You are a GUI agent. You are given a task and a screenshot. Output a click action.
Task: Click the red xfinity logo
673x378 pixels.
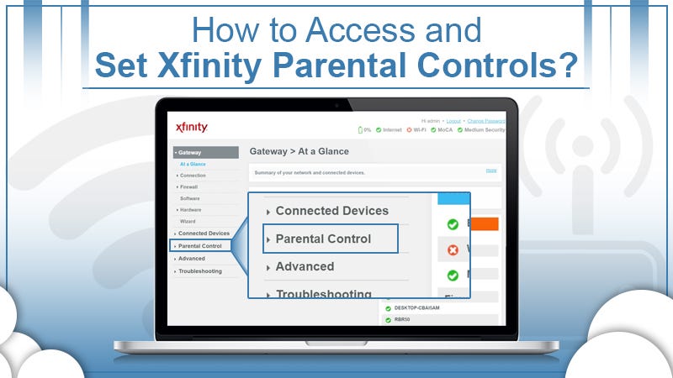click(x=192, y=127)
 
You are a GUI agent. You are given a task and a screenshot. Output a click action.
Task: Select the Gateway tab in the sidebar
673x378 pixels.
click(x=191, y=153)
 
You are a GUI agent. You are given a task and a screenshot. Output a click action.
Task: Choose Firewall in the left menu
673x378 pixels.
click(x=188, y=186)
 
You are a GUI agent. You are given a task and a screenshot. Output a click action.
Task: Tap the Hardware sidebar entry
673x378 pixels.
click(x=190, y=209)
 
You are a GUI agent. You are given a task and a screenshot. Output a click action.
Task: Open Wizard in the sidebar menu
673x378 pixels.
click(x=188, y=221)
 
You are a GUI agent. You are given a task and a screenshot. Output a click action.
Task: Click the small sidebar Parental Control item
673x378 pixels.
click(x=200, y=245)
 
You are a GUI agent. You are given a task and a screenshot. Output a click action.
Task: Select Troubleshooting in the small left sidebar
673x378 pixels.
click(x=200, y=271)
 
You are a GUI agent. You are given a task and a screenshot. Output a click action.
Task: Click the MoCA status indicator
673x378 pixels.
click(x=442, y=130)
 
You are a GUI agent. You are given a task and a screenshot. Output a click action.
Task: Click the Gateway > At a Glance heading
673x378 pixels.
click(x=299, y=151)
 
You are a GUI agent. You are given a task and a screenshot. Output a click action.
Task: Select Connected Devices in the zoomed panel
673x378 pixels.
click(x=331, y=211)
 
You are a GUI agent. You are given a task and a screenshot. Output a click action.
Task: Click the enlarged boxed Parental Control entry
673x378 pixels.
click(x=323, y=239)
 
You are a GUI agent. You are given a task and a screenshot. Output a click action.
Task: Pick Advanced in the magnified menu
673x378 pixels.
click(x=305, y=266)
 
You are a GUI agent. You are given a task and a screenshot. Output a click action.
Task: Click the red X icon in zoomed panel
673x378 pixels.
click(x=453, y=249)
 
